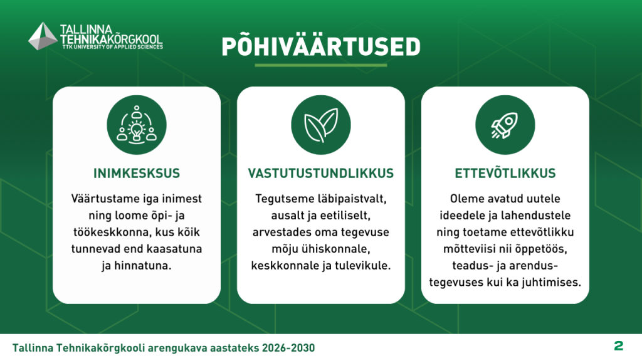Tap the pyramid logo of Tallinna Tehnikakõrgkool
(43, 36)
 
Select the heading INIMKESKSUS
(137, 173)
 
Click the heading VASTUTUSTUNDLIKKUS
(321, 173)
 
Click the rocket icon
(505, 125)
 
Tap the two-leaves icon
(321, 125)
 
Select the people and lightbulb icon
(137, 125)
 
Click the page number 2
(619, 346)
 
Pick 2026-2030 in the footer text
(288, 348)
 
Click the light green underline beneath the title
(321, 65)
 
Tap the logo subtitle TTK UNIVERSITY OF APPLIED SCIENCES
(113, 47)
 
